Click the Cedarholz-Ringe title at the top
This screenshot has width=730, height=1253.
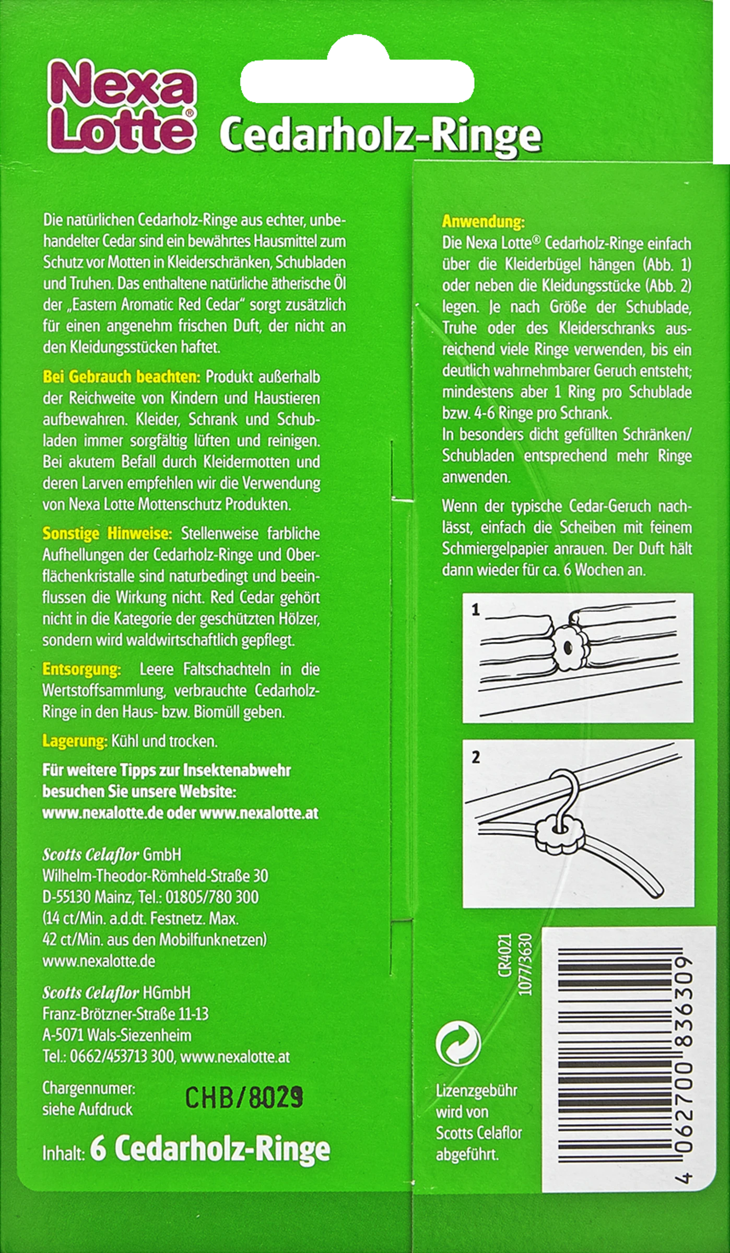(380, 135)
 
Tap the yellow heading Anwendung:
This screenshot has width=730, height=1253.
(483, 222)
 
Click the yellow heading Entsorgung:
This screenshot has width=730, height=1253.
(82, 669)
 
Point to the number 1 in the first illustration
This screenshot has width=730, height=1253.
(475, 610)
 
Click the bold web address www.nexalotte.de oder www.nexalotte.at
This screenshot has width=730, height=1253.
(180, 813)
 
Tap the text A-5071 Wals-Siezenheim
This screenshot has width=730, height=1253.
(116, 1035)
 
